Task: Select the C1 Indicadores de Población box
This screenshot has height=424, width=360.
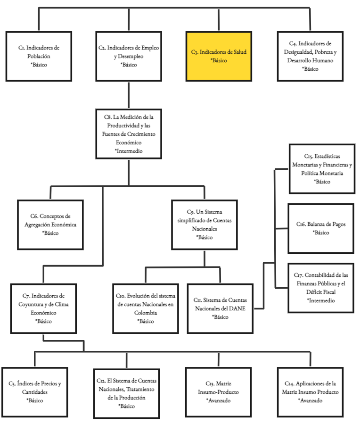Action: (39, 56)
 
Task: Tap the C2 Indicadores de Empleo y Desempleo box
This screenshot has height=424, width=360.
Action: (129, 56)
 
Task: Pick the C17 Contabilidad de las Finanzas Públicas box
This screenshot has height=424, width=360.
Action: (321, 288)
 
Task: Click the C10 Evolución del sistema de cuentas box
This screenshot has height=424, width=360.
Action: (145, 308)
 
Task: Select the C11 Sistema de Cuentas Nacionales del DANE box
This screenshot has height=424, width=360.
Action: (220, 308)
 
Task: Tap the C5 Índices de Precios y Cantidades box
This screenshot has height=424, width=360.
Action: (35, 392)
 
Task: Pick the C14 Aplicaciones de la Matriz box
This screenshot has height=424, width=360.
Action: (311, 392)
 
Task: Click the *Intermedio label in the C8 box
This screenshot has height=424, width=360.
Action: (129, 151)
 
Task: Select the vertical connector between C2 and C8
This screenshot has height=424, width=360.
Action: (129, 94)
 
